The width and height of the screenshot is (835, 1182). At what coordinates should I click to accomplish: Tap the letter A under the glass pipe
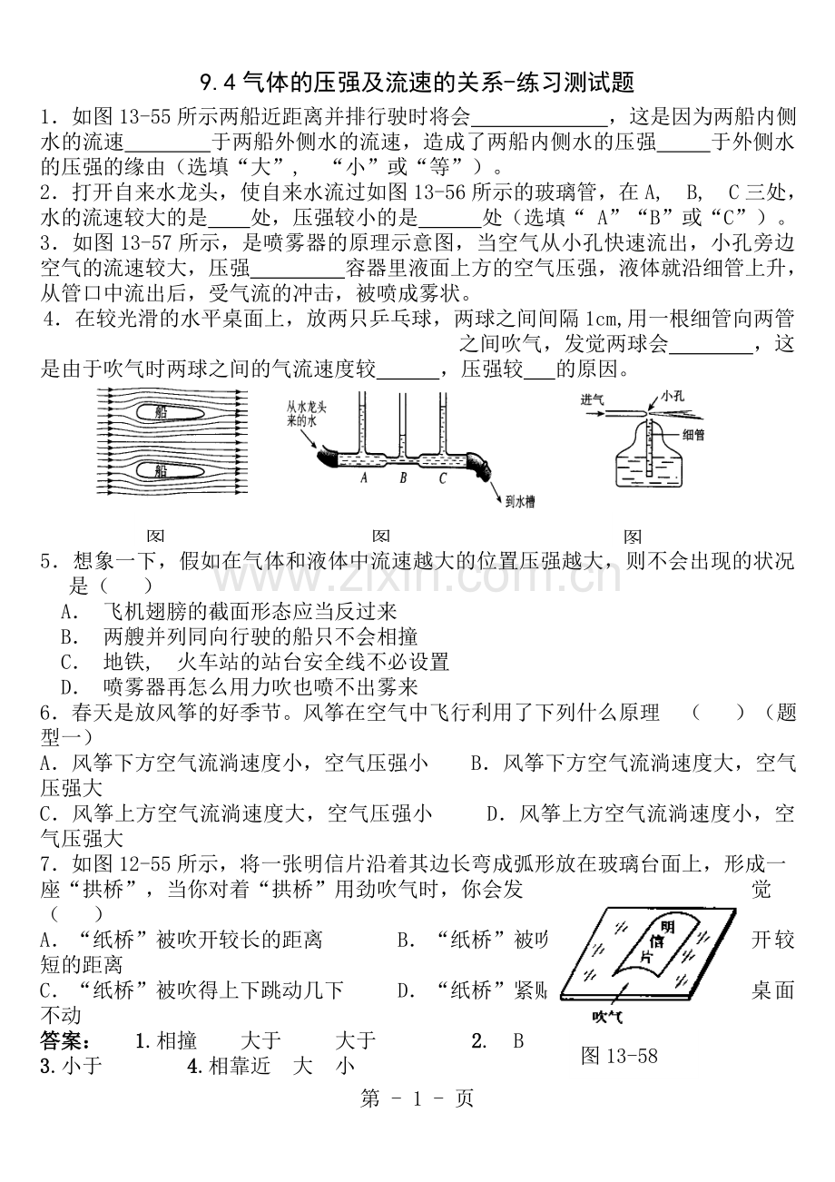pos(363,478)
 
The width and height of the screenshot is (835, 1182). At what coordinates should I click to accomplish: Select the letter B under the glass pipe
pos(403,478)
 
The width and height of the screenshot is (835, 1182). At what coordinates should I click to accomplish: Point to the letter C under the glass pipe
pos(443,478)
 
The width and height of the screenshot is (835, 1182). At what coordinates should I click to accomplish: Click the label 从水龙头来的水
pos(307,413)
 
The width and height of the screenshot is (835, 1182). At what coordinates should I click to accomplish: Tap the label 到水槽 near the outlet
pos(519,501)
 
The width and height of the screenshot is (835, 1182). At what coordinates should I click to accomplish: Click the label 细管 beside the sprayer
pos(693,435)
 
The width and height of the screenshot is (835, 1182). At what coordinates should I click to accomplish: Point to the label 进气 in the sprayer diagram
pos(592,399)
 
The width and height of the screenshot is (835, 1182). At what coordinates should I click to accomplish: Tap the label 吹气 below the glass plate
pos(608,1016)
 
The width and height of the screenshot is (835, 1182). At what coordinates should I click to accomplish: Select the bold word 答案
pos(64,1041)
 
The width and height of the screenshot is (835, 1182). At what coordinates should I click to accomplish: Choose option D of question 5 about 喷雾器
pos(240,687)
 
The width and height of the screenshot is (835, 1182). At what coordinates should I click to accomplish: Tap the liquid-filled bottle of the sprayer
pos(649,465)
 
